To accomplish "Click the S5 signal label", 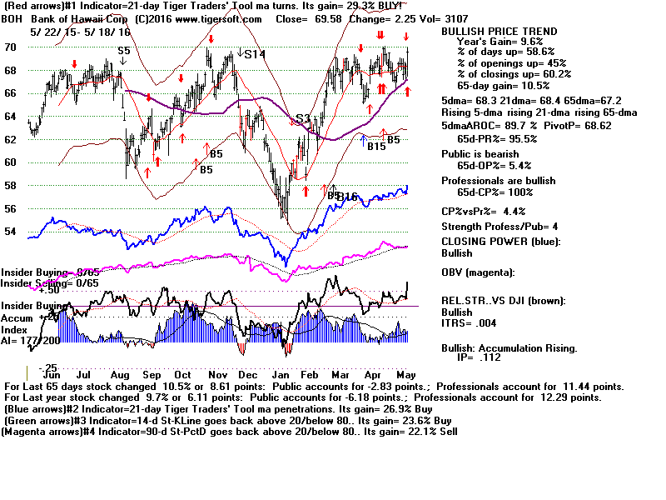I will pos(123,51).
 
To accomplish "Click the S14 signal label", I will pos(255,54).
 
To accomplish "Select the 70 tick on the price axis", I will pos(10,47).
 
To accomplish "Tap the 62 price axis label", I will pos(10,139).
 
